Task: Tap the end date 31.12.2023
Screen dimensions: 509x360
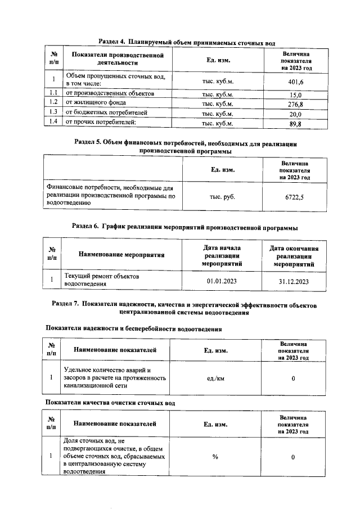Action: pyautogui.click(x=294, y=281)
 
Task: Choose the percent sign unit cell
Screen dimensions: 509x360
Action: pyautogui.click(x=215, y=457)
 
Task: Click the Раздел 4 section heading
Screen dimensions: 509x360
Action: pyautogui.click(x=187, y=42)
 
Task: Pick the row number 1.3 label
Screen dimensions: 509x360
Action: pyautogui.click(x=54, y=113)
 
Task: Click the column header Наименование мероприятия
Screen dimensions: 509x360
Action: pyautogui.click(x=121, y=255)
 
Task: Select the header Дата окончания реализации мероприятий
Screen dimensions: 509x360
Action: pyautogui.click(x=294, y=255)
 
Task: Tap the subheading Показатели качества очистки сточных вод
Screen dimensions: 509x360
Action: pyautogui.click(x=110, y=403)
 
